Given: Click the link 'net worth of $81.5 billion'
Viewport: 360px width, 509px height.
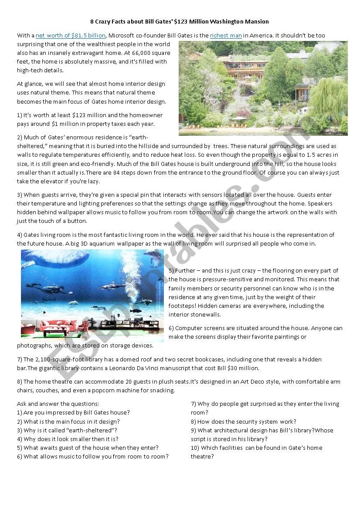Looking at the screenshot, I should (71, 36).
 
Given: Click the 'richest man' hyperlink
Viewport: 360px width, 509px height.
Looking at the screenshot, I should (226, 36).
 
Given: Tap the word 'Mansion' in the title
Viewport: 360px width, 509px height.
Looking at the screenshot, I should (255, 21).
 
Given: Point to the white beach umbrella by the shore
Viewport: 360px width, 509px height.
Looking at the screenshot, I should (238, 118).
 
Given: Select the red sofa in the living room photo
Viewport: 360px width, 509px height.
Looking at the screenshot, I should (53, 325).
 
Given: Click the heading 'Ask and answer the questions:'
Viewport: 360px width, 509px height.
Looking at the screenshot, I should (58, 404).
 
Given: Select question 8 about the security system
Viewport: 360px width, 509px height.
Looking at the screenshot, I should (243, 421).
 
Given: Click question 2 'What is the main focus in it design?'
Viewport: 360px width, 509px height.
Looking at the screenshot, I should (68, 421).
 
